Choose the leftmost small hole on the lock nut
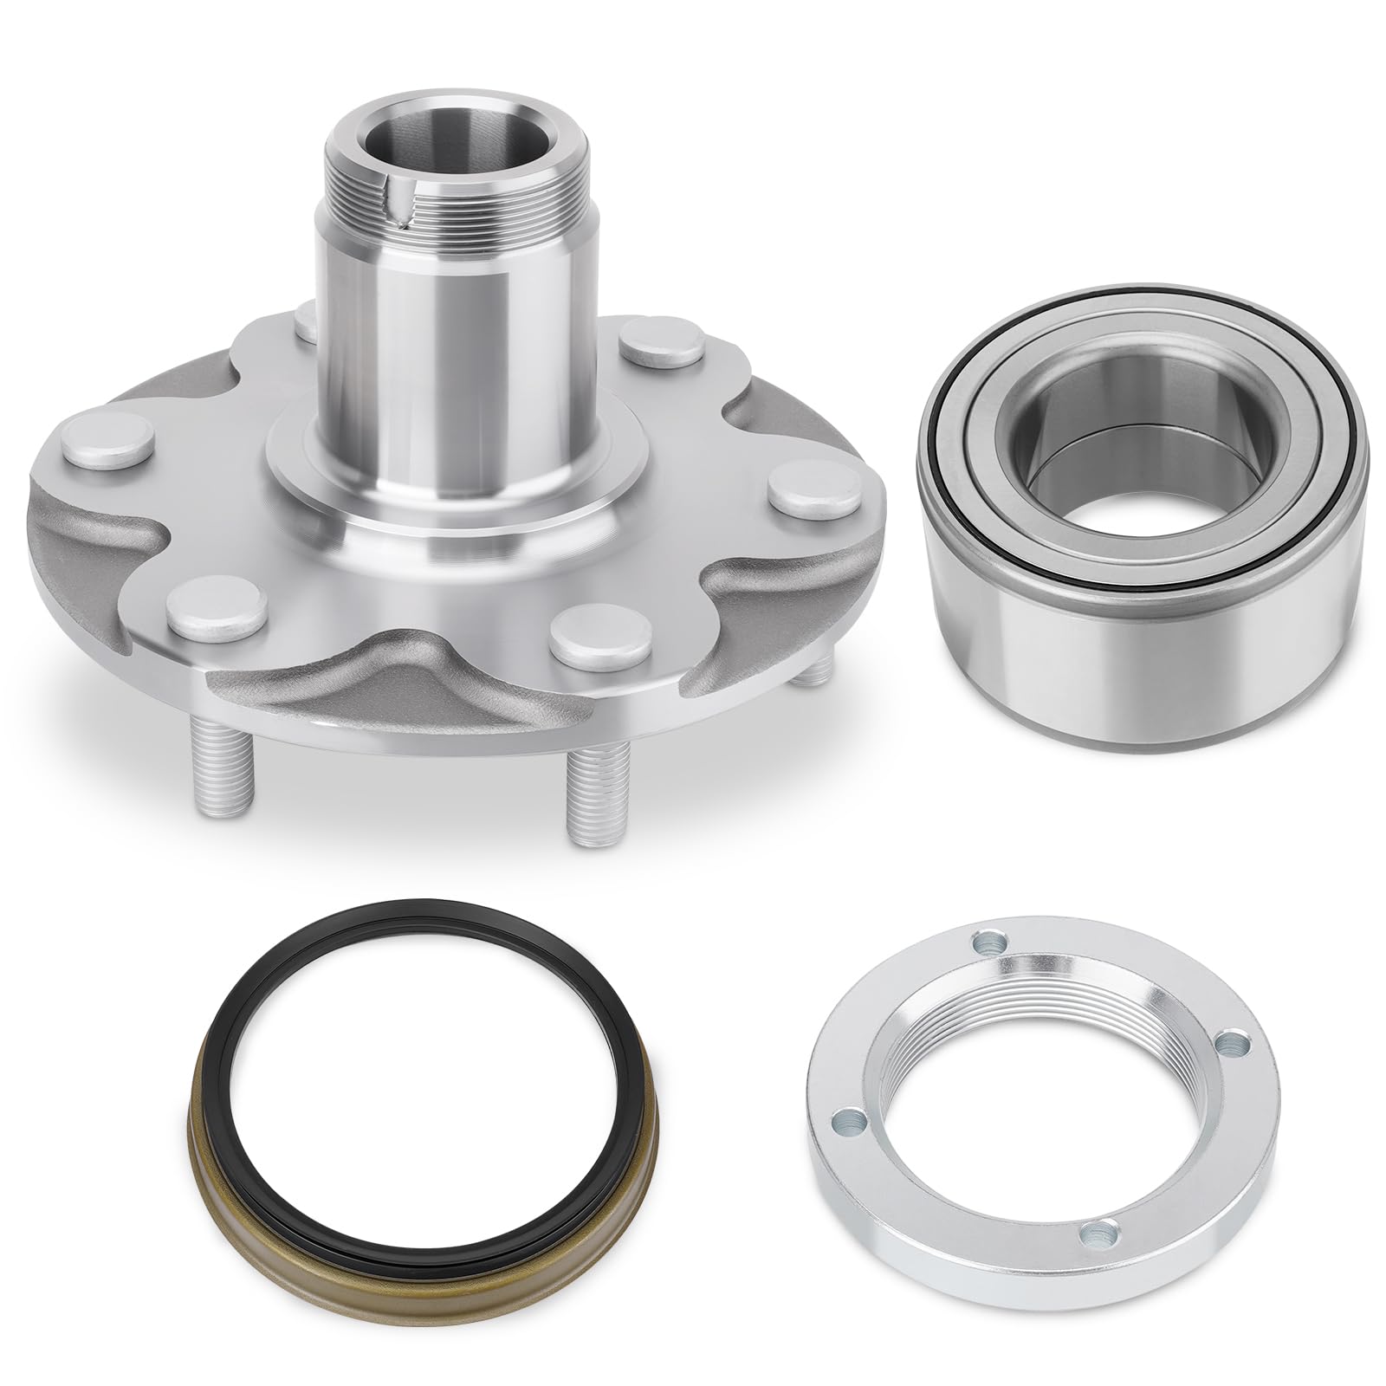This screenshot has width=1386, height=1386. [838, 1119]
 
